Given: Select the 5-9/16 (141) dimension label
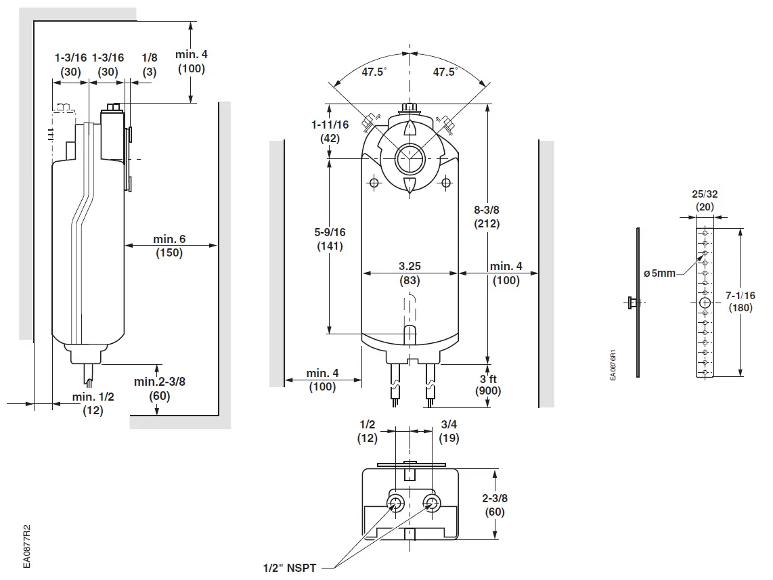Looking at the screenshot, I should [x=330, y=239].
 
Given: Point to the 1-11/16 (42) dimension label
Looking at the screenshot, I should [x=330, y=131].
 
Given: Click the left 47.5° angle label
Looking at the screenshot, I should [x=373, y=72].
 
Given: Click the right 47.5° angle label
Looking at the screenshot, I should [x=445, y=72].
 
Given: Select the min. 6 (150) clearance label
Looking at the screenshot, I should [x=169, y=246].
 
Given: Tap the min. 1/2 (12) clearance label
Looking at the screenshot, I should [x=93, y=403].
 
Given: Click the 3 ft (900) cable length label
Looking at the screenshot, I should [x=488, y=384].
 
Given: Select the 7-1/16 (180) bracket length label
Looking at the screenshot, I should [x=741, y=301].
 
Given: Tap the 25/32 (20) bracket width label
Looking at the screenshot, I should [x=705, y=200].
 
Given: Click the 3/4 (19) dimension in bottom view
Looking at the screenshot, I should [x=449, y=431].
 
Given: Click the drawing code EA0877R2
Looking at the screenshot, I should [x=26, y=545].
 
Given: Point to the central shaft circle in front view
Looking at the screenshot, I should [x=409, y=160].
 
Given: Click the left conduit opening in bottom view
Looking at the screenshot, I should [x=395, y=501].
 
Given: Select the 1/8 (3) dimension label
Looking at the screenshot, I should [x=150, y=65].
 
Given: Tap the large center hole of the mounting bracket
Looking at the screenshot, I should [x=705, y=302].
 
